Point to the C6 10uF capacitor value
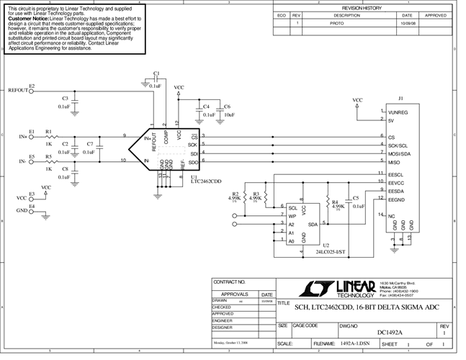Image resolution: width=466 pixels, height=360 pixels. (228, 114)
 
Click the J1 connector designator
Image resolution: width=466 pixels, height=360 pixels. (400, 98)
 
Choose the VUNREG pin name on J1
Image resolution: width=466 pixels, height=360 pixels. (398, 112)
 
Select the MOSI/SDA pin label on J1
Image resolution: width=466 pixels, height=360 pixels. (400, 153)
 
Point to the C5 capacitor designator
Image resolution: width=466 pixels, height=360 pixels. (355, 198)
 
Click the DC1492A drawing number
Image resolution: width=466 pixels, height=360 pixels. (390, 332)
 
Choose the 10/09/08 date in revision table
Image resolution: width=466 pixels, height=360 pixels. (407, 23)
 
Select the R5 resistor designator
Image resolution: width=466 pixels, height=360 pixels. (48, 156)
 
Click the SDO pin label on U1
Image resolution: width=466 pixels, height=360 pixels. (194, 162)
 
